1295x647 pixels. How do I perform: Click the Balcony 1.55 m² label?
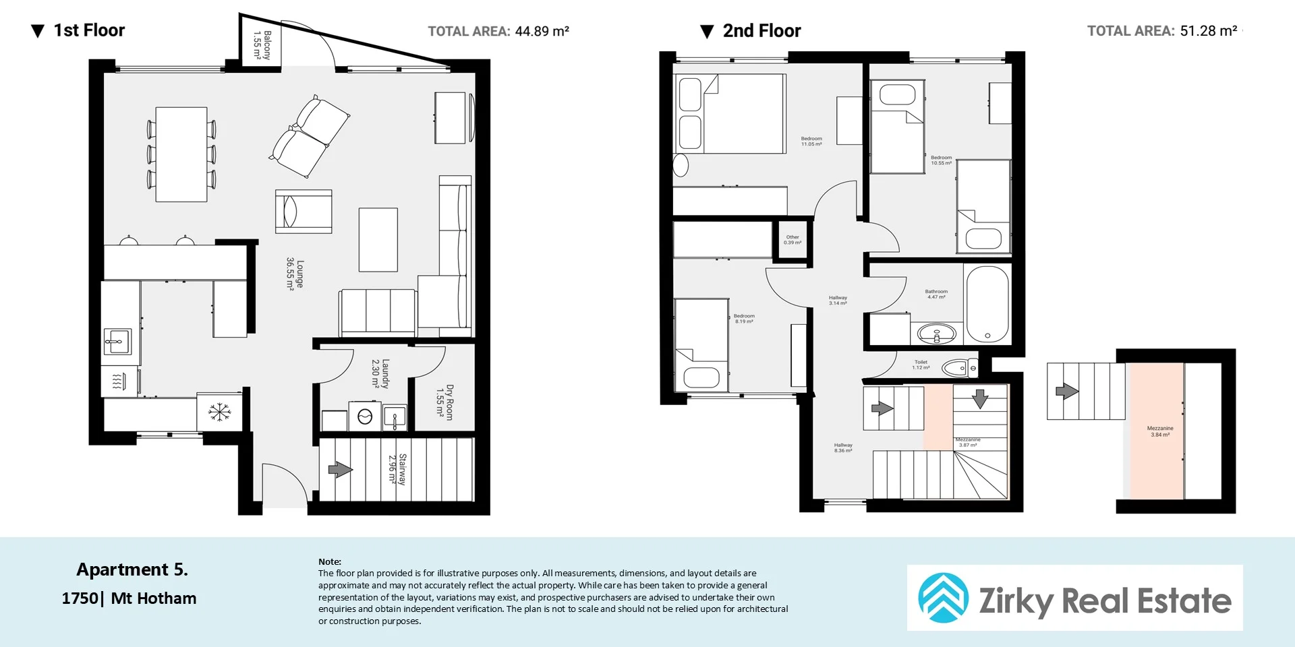pyautogui.click(x=262, y=44)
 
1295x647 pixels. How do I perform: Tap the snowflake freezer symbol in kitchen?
pyautogui.click(x=219, y=412)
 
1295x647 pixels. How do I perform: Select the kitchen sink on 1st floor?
pyautogui.click(x=118, y=342)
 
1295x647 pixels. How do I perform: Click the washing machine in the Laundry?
pyautogui.click(x=365, y=417)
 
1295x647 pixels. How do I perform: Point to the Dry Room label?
pyautogui.click(x=444, y=402)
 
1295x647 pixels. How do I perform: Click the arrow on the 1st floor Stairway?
pyautogui.click(x=340, y=469)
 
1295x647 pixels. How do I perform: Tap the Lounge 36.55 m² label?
pyautogui.click(x=295, y=274)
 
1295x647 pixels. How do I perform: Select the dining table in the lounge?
pyautogui.click(x=181, y=154)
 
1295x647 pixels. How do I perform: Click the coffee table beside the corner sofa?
pyautogui.click(x=378, y=239)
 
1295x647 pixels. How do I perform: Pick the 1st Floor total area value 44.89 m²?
pyautogui.click(x=542, y=31)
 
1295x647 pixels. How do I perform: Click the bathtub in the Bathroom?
pyautogui.click(x=987, y=304)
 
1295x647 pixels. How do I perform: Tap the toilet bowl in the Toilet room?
pyautogui.click(x=955, y=368)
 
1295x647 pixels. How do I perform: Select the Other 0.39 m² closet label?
pyautogui.click(x=793, y=239)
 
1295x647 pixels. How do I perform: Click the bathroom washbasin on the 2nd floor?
pyautogui.click(x=937, y=333)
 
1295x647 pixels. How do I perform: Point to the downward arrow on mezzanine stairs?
pyautogui.click(x=979, y=398)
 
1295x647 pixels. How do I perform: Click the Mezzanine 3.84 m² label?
pyautogui.click(x=1159, y=431)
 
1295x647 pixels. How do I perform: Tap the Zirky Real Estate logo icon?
pyautogui.click(x=943, y=598)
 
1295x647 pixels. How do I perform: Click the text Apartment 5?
pyautogui.click(x=132, y=569)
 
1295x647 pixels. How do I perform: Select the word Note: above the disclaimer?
pyautogui.click(x=330, y=561)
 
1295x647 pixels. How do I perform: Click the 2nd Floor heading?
pyautogui.click(x=761, y=31)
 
